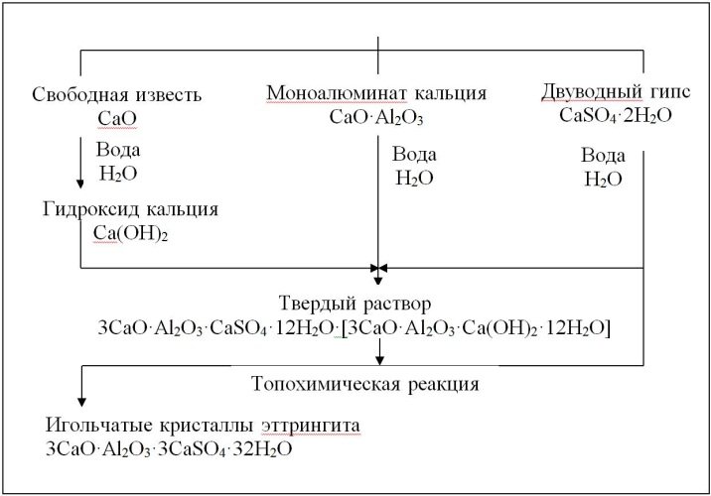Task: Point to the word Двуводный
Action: tap(592, 92)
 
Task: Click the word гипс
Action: tap(671, 92)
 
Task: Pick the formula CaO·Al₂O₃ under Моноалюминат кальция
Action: tap(376, 117)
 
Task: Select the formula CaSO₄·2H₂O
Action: tap(616, 115)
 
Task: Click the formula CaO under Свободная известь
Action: tap(117, 119)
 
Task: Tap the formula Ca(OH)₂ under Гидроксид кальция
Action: tap(131, 233)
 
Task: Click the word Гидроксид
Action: tap(90, 209)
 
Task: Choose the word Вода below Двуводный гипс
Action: tap(603, 156)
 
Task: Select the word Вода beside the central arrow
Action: tap(414, 155)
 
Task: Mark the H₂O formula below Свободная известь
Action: tap(118, 174)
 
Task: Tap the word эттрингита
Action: tap(311, 426)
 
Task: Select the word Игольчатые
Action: tap(99, 426)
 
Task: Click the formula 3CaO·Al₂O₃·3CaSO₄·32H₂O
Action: tap(169, 449)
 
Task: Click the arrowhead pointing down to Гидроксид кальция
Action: tap(80, 184)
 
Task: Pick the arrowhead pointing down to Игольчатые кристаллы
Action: tap(81, 402)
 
